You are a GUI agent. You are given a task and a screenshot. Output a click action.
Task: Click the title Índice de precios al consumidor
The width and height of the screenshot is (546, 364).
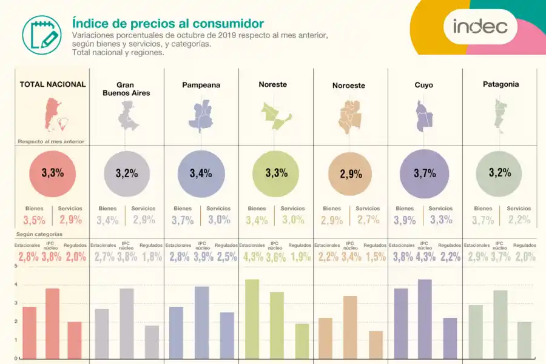[167, 23]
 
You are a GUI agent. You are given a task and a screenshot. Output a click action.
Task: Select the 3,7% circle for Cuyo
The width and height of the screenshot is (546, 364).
[425, 174]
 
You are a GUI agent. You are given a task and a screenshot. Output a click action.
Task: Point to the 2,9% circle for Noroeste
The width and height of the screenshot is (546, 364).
[350, 174]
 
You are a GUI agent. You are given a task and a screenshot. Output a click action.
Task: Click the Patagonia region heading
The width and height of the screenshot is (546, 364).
[500, 84]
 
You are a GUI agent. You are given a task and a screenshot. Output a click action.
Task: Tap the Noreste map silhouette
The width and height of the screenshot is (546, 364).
[276, 116]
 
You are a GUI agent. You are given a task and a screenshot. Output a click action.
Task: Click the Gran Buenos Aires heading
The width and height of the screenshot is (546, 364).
[124, 89]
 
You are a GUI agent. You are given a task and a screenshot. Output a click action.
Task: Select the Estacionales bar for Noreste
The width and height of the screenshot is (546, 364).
[252, 318]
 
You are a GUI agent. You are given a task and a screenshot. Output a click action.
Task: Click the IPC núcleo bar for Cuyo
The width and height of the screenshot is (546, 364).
[425, 318]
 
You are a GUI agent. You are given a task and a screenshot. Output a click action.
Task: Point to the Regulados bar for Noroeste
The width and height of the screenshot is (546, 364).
[376, 344]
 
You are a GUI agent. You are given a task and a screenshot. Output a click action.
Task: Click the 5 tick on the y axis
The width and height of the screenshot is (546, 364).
[15, 266]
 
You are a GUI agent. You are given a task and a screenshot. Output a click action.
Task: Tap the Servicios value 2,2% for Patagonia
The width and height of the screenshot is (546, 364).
[519, 220]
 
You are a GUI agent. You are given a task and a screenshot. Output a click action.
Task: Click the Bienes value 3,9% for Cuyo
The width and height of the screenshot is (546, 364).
[405, 220]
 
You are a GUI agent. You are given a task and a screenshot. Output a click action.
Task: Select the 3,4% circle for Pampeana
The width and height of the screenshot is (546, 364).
[201, 174]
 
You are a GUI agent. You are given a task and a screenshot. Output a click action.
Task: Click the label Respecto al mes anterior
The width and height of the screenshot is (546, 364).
[51, 141]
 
